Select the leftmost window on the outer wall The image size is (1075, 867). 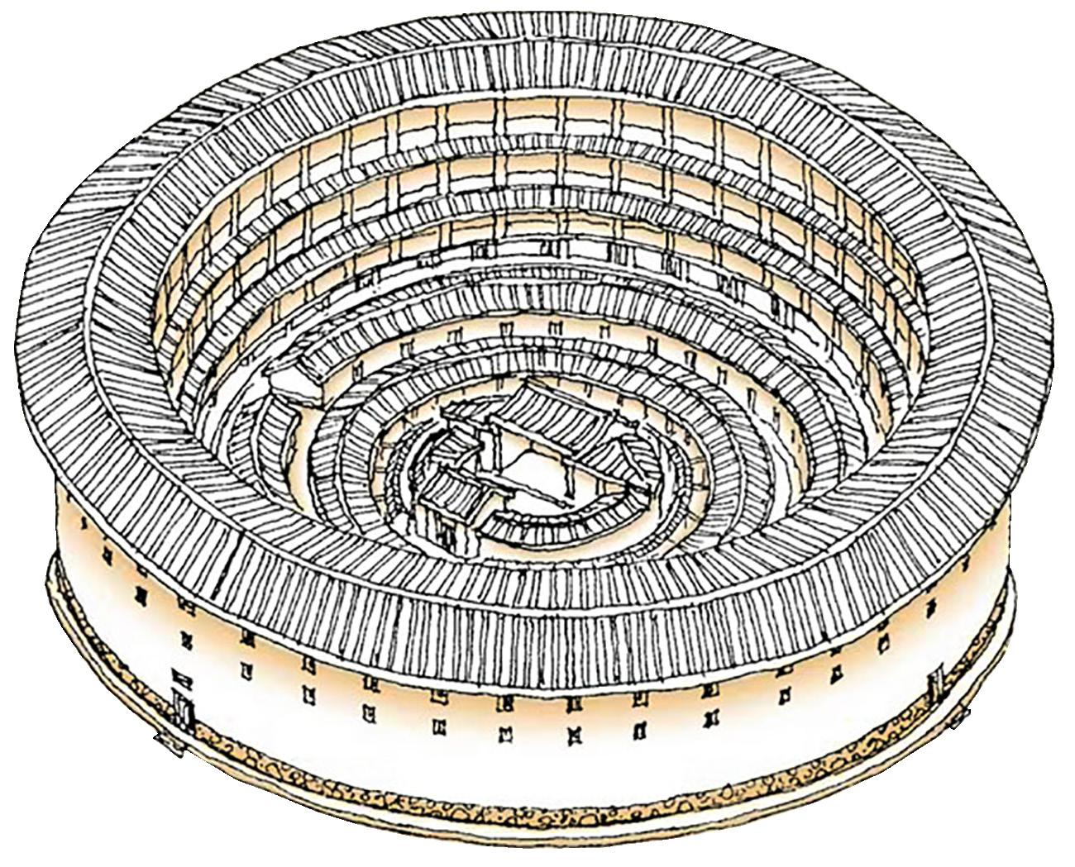(x=103, y=549)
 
